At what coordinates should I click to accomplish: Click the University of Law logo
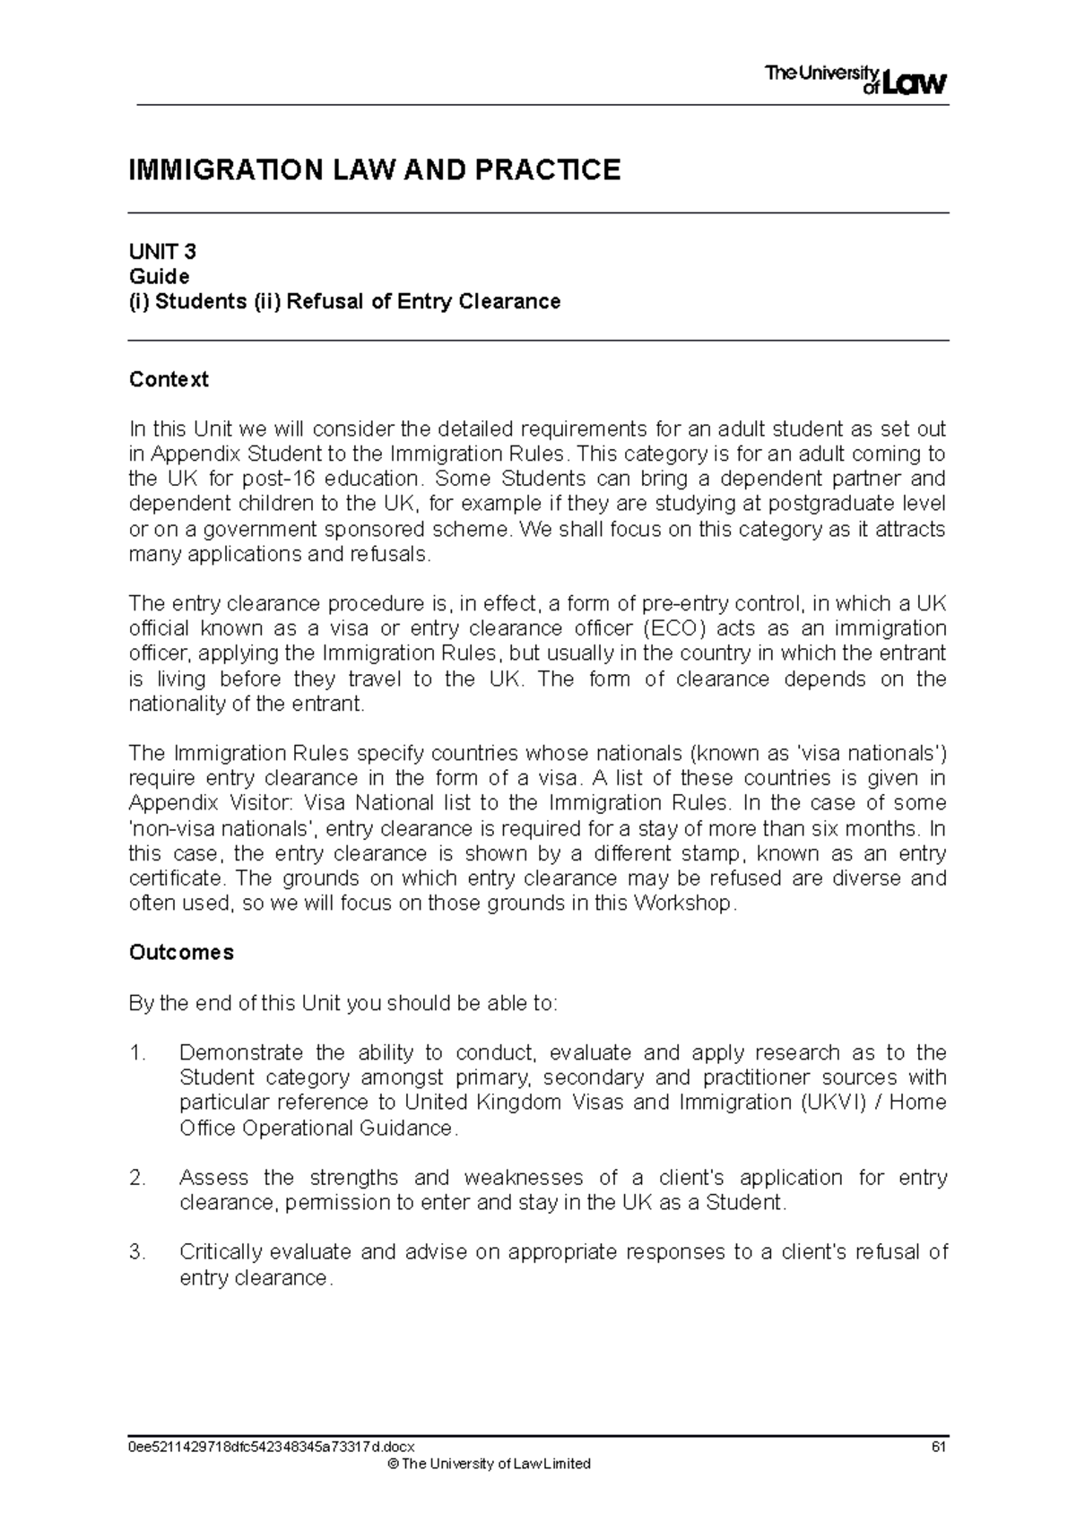855,80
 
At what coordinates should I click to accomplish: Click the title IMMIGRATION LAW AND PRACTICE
374,169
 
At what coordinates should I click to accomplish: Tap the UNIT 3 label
162,251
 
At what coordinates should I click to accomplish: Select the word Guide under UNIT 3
159,276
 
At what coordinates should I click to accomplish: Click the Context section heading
169,379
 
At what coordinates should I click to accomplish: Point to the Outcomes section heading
181,952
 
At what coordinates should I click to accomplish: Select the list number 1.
137,1052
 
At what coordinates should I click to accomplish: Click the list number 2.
137,1177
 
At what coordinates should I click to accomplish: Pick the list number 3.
137,1252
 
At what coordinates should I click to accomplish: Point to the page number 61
939,1446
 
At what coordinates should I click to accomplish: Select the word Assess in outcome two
212,1177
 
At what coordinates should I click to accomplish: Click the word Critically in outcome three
220,1252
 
